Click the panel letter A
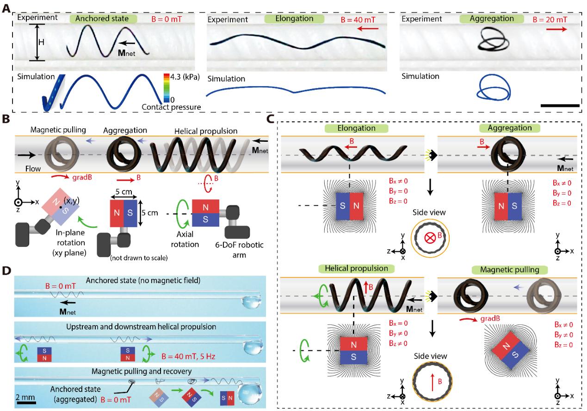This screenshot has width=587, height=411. [6, 8]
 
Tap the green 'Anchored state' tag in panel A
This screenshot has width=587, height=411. [103, 19]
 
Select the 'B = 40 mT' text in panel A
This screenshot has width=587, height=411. [358, 19]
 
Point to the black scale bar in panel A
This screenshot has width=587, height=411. [560, 106]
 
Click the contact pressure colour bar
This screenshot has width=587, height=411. [167, 88]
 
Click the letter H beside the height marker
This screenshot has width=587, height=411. [41, 42]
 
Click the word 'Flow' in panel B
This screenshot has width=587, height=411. [33, 169]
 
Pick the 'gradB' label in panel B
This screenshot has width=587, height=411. [82, 177]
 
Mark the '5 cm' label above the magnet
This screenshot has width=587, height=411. [124, 191]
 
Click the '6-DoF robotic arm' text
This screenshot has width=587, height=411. [239, 250]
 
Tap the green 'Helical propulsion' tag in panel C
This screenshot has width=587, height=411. [356, 268]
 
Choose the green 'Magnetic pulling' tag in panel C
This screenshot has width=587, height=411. [510, 270]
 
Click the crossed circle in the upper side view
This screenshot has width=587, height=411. [430, 238]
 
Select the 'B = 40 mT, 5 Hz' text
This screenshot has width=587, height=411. [188, 356]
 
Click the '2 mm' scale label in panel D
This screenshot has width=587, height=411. [25, 397]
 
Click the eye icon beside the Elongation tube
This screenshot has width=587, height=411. [431, 155]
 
